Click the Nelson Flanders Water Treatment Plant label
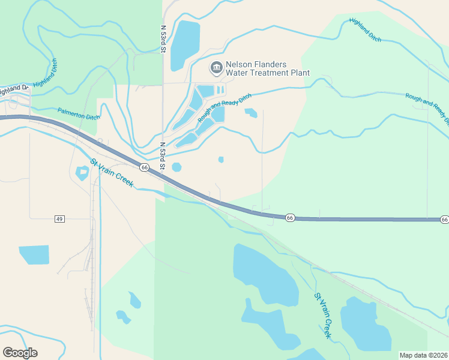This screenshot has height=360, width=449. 267,69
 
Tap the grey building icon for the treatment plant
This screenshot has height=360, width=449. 215,69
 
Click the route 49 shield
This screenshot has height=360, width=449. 59,219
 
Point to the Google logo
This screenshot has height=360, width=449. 20,353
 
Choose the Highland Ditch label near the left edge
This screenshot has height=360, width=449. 47,77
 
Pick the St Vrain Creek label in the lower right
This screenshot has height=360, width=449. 323,316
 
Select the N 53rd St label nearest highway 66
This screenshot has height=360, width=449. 162,155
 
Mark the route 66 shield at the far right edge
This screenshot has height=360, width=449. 444,220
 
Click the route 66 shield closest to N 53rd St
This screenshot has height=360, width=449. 145,167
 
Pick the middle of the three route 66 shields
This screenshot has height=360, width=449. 289,217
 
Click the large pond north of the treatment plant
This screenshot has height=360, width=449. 185,45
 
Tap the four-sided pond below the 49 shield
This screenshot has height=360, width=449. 34,254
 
